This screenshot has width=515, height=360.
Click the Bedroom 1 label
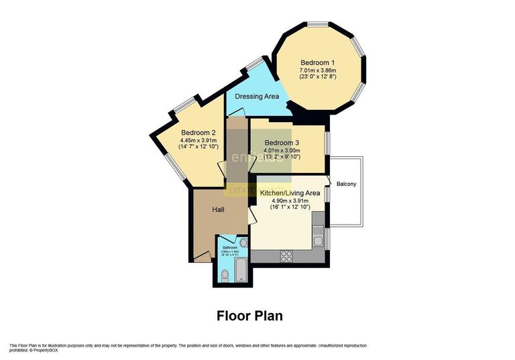[317, 62]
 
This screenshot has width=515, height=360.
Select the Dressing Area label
[257, 97]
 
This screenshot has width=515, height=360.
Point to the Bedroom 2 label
[198, 132]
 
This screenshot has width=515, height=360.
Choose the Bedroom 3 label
[282, 143]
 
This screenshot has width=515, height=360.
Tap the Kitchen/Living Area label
[296, 193]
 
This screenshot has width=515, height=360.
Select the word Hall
[219, 210]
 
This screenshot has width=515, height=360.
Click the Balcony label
[346, 184]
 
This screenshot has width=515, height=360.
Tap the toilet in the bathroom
[225, 274]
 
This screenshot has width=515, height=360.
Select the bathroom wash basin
[243, 242]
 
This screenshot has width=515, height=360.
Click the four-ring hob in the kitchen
[287, 255]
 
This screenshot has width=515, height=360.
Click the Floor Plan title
[249, 315]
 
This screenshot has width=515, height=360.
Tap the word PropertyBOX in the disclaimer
[45, 350]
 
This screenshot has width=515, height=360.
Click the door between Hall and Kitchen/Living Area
[251, 215]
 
